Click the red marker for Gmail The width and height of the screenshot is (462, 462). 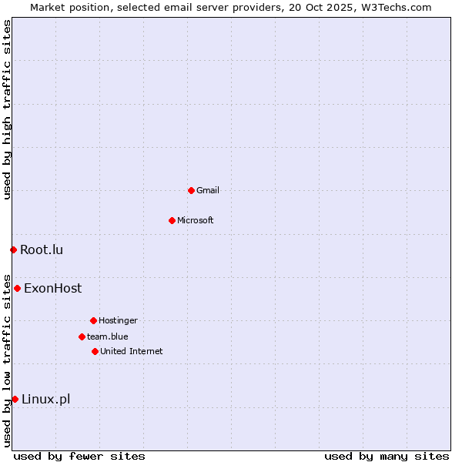191,190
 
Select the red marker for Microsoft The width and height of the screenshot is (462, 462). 172,220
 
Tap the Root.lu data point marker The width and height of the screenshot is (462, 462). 13,249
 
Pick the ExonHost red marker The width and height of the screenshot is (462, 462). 17,288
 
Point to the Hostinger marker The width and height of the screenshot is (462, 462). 93,320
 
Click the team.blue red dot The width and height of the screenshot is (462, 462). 82,336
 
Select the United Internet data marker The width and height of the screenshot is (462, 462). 95,351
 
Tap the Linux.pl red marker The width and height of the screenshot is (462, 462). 15,399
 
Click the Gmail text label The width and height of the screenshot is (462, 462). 208,190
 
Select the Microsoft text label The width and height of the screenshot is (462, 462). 196,220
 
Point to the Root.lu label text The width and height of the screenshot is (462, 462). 42,249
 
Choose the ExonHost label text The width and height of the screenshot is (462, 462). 52,289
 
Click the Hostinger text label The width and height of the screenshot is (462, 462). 118,320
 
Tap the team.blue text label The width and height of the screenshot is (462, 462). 108,336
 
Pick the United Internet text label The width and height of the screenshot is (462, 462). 132,351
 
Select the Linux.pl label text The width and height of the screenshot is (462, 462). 45,399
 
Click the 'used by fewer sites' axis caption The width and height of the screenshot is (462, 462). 79,456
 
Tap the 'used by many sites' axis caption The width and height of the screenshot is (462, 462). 387,456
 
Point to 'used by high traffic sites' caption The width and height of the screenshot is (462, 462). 7,110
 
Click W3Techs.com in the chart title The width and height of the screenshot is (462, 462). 394,7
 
